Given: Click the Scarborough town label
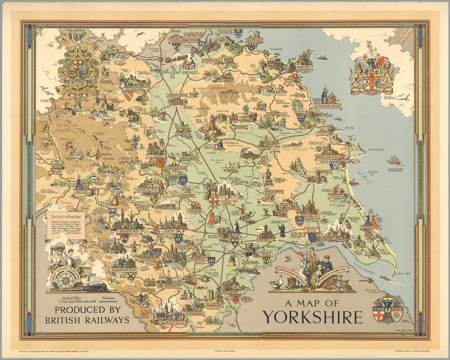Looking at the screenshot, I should pyautogui.click(x=325, y=106).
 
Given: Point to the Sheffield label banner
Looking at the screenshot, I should pyautogui.click(x=174, y=322).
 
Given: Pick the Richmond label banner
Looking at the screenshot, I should pyautogui.click(x=134, y=90).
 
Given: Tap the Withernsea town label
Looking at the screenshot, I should pyautogui.click(x=370, y=227).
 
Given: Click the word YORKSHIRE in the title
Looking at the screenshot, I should pyautogui.click(x=312, y=317).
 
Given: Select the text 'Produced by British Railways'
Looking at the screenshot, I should pyautogui.click(x=88, y=315).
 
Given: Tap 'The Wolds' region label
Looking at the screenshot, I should pyautogui.click(x=294, y=149).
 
